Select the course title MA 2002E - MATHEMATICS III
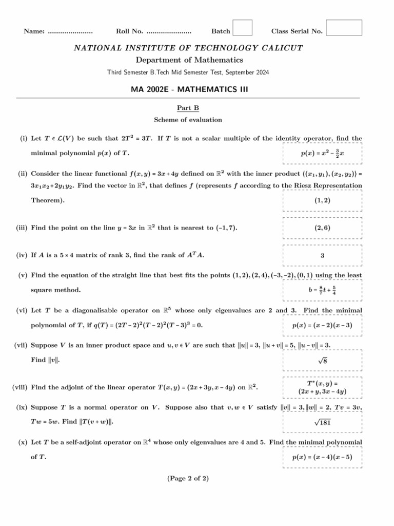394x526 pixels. [189, 89]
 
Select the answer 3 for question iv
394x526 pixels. [322, 255]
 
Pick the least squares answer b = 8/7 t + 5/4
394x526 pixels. [322, 291]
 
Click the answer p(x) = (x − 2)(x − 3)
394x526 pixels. [322, 326]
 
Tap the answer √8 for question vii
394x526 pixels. [322, 361]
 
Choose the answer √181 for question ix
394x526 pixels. [322, 423]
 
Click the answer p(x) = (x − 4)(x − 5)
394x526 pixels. [322, 457]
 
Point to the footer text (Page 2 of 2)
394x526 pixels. [188, 479]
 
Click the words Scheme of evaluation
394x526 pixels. [188, 120]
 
